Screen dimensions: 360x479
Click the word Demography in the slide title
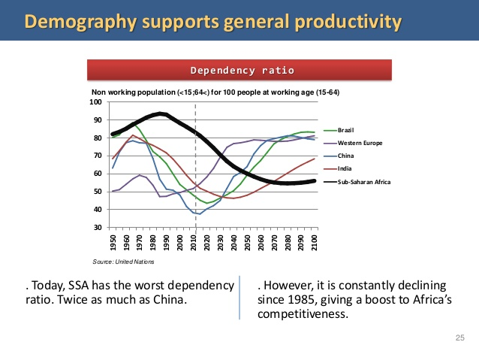pyautogui.click(x=79, y=21)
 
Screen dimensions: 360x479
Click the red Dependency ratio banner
pyautogui.click(x=240, y=71)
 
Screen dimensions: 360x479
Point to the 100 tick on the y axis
pyautogui.click(x=96, y=101)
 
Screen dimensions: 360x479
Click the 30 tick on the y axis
pyautogui.click(x=98, y=227)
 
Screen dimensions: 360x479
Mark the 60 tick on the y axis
pyautogui.click(x=98, y=174)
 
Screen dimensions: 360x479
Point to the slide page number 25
pyautogui.click(x=460, y=339)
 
